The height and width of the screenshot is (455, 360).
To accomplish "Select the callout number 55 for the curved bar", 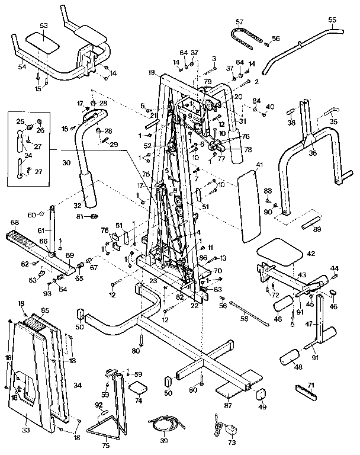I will click(x=332, y=20).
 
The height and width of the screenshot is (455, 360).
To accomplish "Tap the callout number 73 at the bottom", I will click(x=232, y=442).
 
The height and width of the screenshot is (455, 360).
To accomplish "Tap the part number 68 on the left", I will click(x=15, y=223).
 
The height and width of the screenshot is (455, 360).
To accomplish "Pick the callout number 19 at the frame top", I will click(x=152, y=72).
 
